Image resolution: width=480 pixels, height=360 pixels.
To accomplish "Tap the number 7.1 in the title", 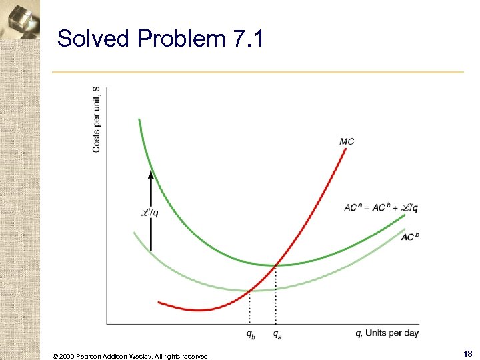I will point(248,39).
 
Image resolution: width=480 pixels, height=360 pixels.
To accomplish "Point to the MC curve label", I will point(347,141).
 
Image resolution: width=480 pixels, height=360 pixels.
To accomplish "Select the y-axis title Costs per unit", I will point(97,119).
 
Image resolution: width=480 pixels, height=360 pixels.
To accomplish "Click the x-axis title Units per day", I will point(387,333).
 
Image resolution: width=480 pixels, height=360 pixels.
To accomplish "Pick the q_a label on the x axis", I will point(277,334).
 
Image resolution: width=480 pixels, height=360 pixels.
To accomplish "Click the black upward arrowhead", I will point(151,175).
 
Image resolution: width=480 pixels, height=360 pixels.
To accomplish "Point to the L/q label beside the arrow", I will point(149,213).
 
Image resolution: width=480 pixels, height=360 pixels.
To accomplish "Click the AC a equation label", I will point(381,207).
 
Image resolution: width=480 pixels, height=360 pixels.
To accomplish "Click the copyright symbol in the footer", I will point(55,357).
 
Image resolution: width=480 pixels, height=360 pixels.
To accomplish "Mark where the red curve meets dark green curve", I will point(275,265).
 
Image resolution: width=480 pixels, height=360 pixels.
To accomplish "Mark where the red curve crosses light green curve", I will point(249,290).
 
